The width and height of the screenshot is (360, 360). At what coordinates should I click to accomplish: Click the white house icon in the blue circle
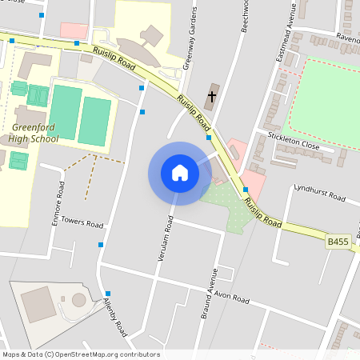pyautogui.click(x=180, y=173)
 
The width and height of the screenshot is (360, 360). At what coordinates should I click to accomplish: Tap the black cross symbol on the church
pyautogui.click(x=212, y=97)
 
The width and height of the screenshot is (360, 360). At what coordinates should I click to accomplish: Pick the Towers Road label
pyautogui.click(x=83, y=224)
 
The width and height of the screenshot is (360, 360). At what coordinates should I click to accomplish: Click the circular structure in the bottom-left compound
pyautogui.click(x=78, y=300)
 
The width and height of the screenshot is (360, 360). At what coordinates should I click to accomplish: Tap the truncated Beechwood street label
pyautogui.click(x=246, y=16)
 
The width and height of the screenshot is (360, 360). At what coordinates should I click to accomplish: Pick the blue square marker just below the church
pyautogui.click(x=209, y=138)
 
